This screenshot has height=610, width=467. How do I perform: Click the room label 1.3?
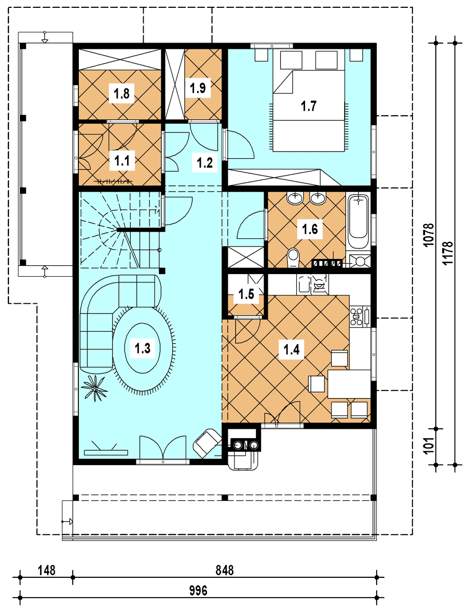click(x=142, y=347)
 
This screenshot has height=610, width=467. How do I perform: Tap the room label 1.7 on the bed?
click(x=309, y=106)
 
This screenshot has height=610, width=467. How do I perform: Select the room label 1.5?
click(x=246, y=294)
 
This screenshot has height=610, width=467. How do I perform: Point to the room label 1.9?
click(x=198, y=88)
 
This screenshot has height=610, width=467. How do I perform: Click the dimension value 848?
click(x=225, y=571)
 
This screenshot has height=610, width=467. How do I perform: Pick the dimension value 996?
click(x=198, y=591)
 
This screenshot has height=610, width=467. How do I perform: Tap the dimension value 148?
click(x=47, y=571)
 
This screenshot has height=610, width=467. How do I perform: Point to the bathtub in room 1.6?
click(x=358, y=222)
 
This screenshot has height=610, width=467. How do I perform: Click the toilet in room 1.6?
click(x=293, y=258)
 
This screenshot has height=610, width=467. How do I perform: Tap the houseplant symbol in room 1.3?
click(x=94, y=387)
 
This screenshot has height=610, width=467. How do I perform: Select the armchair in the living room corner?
click(x=207, y=443)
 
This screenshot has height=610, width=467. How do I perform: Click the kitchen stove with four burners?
click(x=357, y=316)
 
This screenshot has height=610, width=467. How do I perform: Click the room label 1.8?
click(x=121, y=94)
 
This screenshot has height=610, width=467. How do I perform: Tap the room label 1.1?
click(x=121, y=160)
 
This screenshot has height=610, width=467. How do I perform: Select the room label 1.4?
click(x=291, y=350)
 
